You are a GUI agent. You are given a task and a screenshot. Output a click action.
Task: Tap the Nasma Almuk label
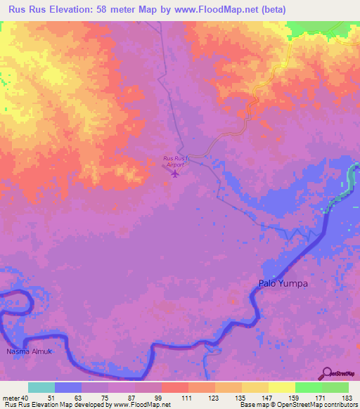click(25, 350)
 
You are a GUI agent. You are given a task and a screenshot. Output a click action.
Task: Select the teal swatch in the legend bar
click(41, 387)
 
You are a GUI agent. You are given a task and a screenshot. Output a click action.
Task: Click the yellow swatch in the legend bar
click(281, 387)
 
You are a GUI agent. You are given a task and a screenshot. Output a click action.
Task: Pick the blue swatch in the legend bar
click(68, 387)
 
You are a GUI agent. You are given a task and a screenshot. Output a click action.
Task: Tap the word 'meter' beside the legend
click(11, 398)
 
